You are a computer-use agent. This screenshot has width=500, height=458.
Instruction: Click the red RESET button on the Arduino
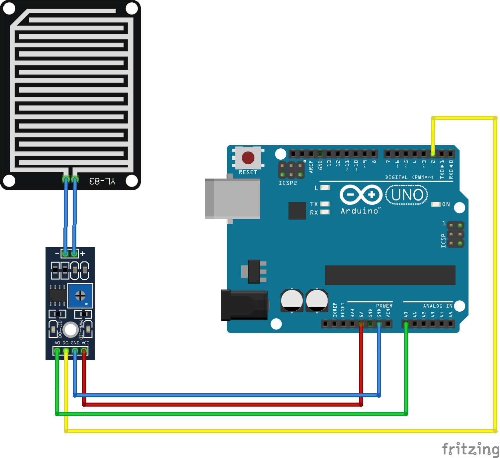pos(248,158)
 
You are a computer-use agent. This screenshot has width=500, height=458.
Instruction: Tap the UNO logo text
pos(407,195)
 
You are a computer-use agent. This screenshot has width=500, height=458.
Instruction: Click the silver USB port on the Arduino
pos(232,198)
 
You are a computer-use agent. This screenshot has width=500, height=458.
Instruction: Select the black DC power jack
pos(244,305)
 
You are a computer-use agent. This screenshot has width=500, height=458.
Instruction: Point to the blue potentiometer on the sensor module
pos(80,295)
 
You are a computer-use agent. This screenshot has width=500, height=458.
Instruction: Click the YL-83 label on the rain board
pos(102,181)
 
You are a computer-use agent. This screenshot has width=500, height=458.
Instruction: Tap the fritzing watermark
pos(470,449)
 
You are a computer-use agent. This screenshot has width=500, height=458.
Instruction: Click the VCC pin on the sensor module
pos(84,351)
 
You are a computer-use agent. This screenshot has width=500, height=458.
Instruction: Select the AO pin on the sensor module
pos(57,351)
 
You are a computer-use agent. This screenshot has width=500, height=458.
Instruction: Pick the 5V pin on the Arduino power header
pos(361,324)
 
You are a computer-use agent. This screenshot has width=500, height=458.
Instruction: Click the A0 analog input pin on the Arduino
pos(406,324)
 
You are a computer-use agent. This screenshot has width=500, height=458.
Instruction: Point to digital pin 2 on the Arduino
pos(433,154)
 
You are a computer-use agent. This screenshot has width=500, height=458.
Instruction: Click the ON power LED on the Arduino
pos(436,204)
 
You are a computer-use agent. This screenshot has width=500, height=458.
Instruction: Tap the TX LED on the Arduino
pos(325,204)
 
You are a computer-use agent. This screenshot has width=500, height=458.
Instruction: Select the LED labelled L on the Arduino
pos(325,188)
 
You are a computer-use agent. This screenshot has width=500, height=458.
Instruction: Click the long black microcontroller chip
pos(390,275)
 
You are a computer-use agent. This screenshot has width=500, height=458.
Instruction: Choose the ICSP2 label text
pos(288,183)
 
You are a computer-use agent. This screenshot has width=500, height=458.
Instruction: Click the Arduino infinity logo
pos(361,194)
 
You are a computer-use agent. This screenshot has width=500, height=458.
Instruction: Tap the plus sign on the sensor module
pos(83,254)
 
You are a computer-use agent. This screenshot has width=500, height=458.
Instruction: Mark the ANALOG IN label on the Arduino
pos(438,306)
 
